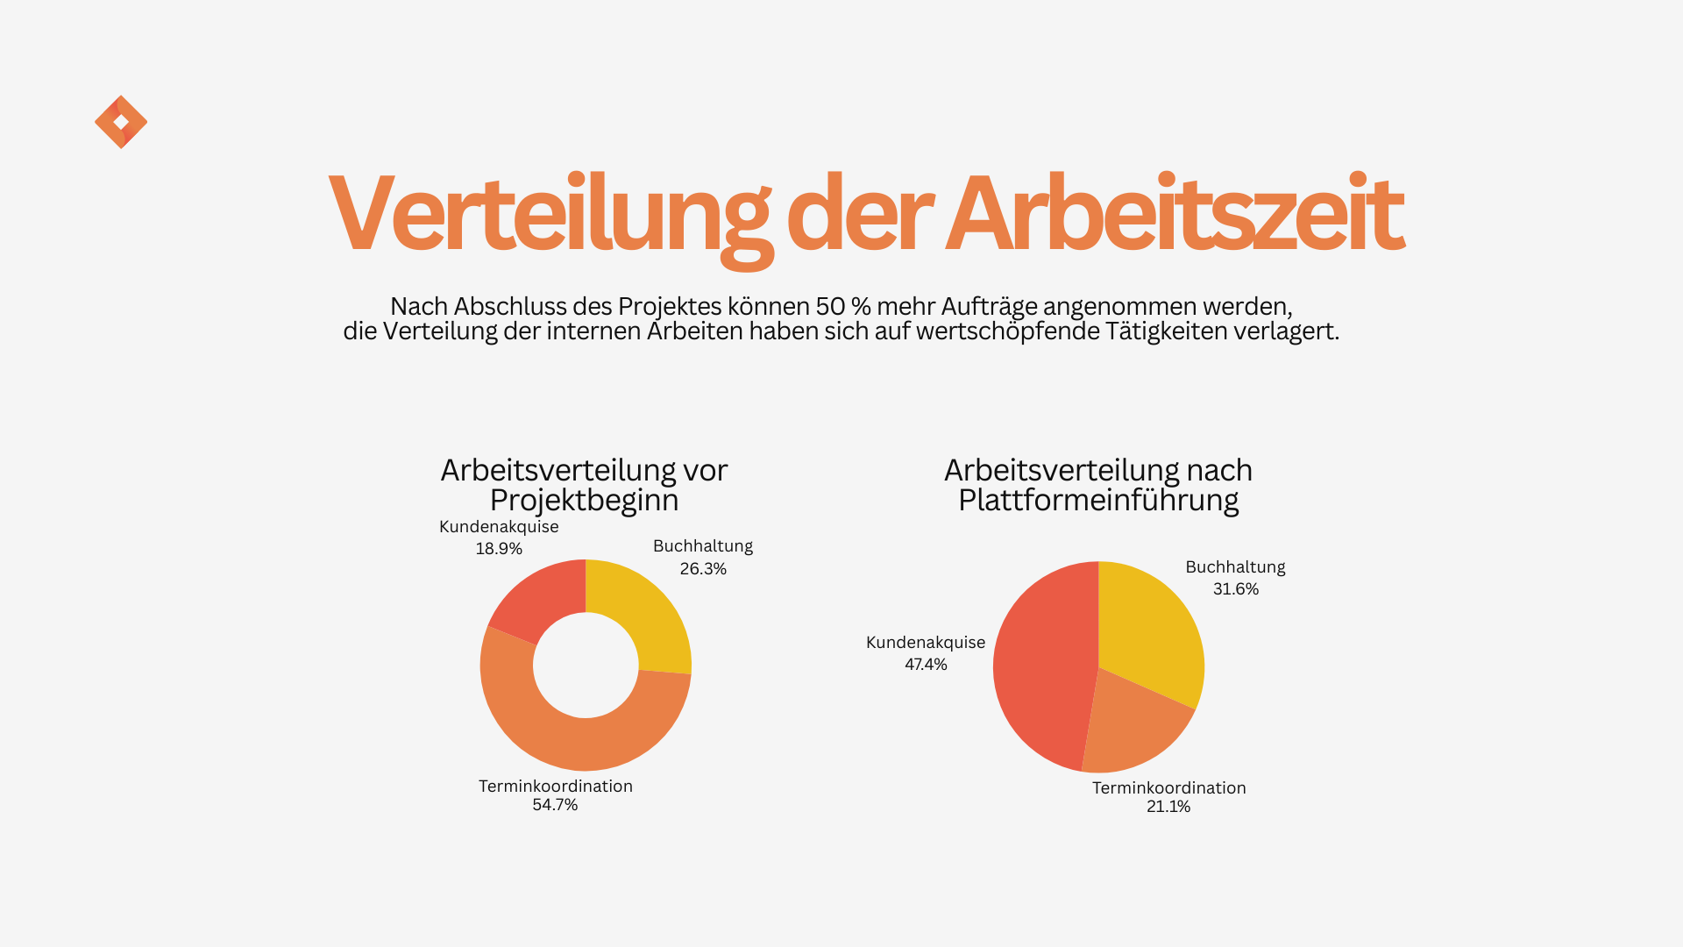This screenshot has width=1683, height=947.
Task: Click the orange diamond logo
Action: pos(121,122)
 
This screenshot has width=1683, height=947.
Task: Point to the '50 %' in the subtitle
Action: pos(843,307)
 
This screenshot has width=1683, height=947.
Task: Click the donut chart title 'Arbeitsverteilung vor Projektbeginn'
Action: pos(584,485)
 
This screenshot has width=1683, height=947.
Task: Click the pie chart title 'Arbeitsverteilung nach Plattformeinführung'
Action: pos(1098,485)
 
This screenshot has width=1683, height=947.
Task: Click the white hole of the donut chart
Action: pos(586,666)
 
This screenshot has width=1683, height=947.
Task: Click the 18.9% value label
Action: pos(499,549)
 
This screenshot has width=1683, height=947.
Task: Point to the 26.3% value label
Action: pos(703,569)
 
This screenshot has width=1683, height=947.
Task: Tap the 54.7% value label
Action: pos(555,805)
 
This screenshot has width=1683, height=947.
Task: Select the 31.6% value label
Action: pos(1235,589)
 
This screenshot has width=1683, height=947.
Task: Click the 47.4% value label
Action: pos(926,665)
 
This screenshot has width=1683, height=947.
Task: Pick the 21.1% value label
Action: pos(1168,807)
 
